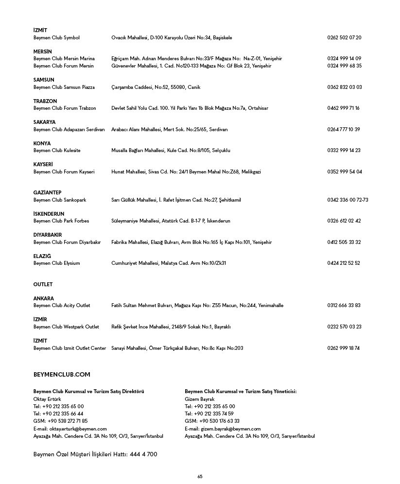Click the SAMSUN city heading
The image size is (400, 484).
pyautogui.click(x=44, y=80)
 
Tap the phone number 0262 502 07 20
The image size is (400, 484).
pyautogui.click(x=344, y=37)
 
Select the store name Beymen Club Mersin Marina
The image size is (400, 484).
pyautogui.click(x=64, y=58)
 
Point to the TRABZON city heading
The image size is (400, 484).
pyautogui.click(x=45, y=101)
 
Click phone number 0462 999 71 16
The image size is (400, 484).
pyautogui.click(x=343, y=108)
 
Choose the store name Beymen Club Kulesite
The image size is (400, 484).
pyautogui.click(x=57, y=150)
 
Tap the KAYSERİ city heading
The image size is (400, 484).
pyautogui.click(x=43, y=164)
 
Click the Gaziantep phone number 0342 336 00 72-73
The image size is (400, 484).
pyautogui.click(x=348, y=200)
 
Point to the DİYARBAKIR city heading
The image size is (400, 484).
pyautogui.click(x=48, y=235)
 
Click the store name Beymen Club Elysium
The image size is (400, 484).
pyautogui.click(x=56, y=263)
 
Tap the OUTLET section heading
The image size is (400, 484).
pyautogui.click(x=43, y=284)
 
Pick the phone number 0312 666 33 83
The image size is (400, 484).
pyautogui.click(x=344, y=305)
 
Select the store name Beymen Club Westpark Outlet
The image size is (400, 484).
pyautogui.click(x=66, y=327)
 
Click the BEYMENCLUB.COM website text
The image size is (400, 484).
pyautogui.click(x=62, y=375)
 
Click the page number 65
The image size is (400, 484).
pyautogui.click(x=200, y=477)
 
